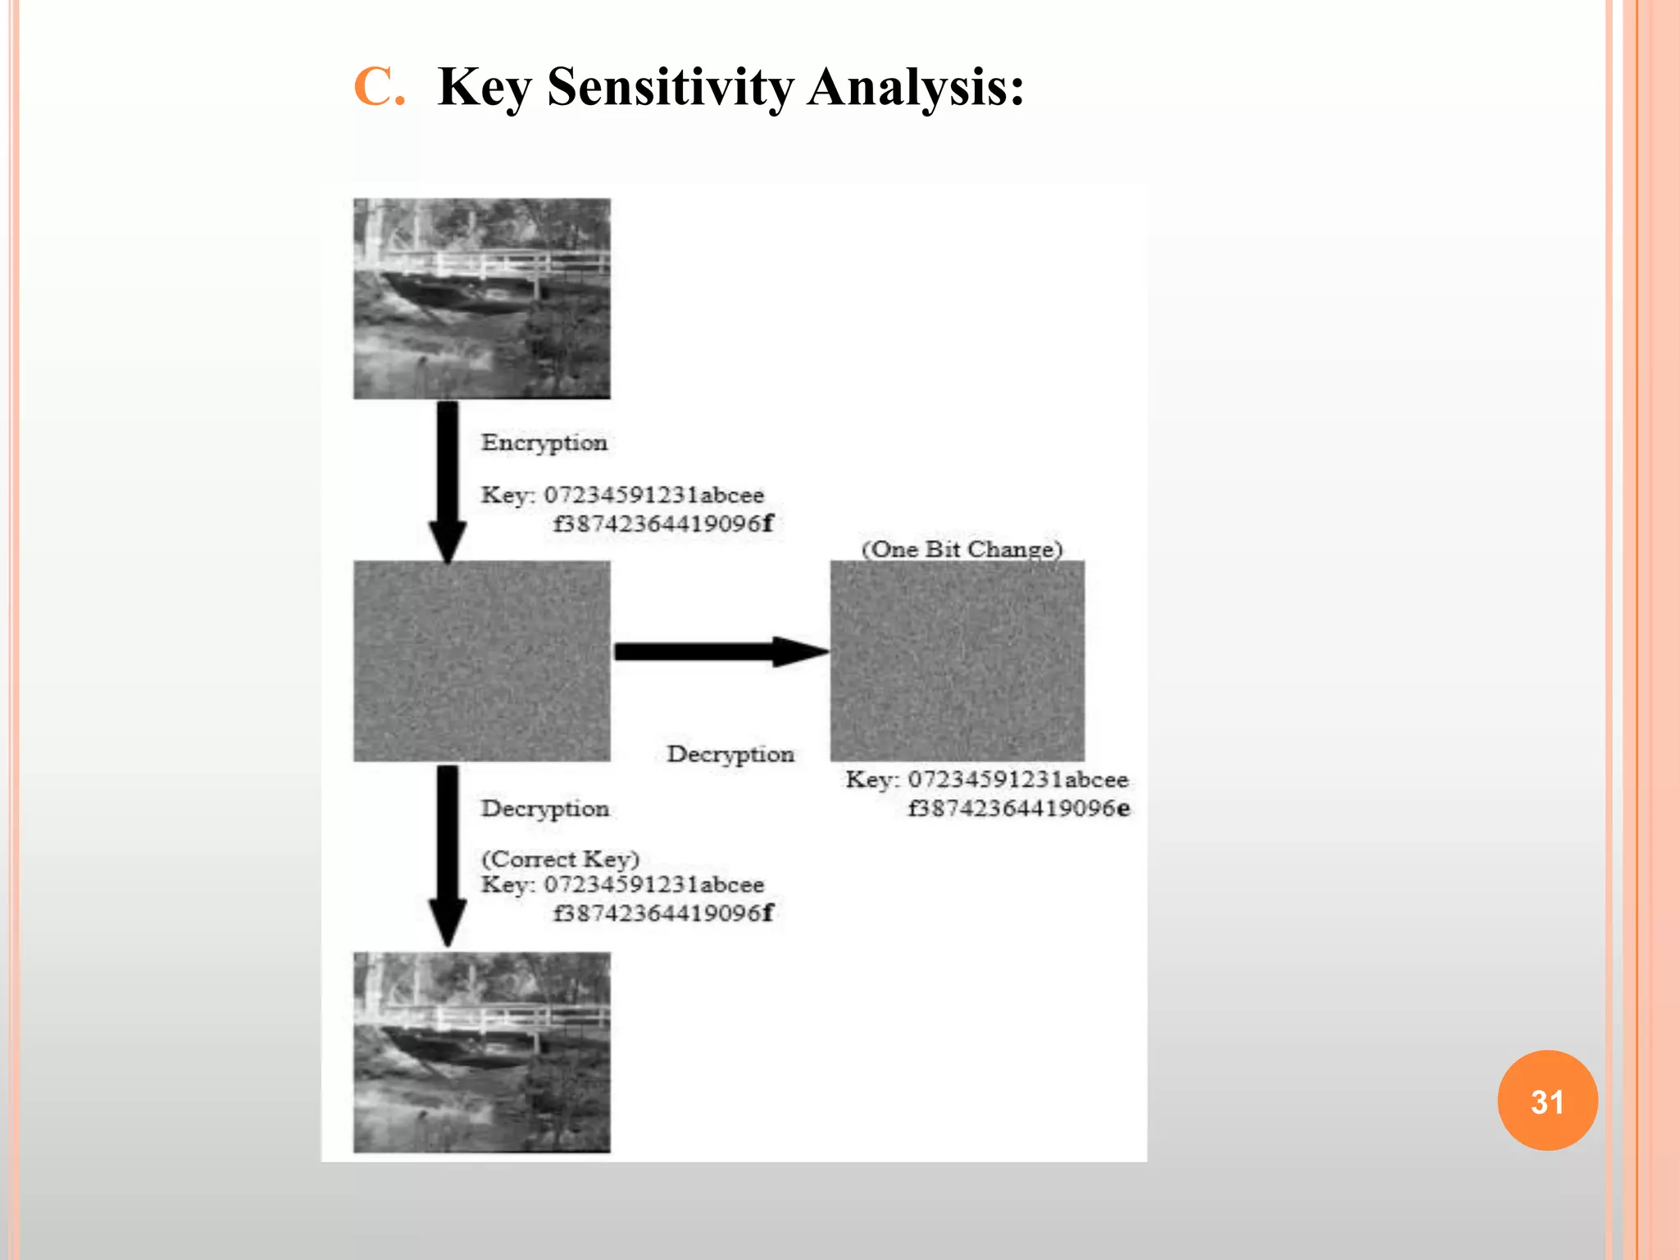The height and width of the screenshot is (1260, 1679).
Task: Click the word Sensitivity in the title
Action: click(670, 87)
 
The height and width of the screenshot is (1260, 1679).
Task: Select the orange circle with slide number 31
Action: click(1547, 1100)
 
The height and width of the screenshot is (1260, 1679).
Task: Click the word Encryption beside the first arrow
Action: click(544, 443)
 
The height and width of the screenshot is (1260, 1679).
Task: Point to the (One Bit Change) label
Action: click(962, 549)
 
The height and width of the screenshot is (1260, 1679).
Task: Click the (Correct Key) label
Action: click(560, 859)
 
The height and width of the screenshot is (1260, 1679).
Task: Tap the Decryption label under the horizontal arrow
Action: click(730, 754)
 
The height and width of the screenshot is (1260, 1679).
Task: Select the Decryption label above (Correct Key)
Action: click(545, 809)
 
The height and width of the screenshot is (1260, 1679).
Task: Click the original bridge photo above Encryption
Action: click(482, 299)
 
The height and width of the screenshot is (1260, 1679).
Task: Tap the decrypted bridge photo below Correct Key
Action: click(482, 1052)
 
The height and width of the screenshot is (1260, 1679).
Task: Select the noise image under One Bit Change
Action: click(957, 661)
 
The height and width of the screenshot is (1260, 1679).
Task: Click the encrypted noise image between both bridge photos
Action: click(482, 661)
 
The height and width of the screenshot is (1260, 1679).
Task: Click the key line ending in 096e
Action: click(1019, 809)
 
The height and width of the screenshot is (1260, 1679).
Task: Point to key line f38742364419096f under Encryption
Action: click(662, 523)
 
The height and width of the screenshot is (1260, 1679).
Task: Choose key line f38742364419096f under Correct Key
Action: click(662, 913)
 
